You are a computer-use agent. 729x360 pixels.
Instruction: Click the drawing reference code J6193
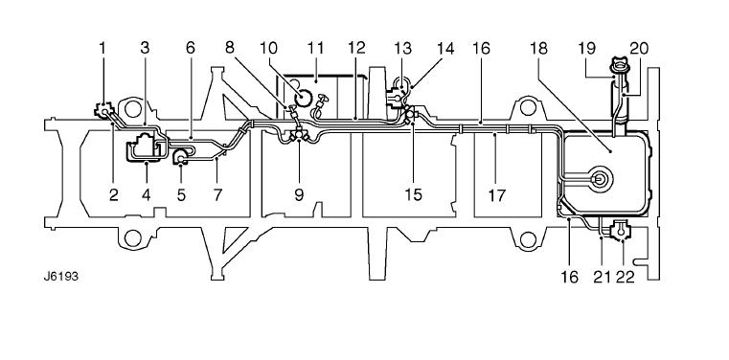coord(61,277)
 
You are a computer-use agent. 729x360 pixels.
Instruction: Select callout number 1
coord(103,48)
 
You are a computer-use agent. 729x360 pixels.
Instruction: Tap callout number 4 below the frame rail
coord(147,195)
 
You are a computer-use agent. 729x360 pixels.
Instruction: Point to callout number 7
coord(218,195)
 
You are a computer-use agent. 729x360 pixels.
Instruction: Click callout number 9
coord(299,195)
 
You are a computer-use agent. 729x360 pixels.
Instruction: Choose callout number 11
coord(315,48)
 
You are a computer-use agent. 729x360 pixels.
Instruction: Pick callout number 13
coord(403,48)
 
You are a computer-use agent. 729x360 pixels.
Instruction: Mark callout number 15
coord(413,195)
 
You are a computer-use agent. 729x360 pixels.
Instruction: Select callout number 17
coord(496,195)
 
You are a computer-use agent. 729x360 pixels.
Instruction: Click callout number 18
coord(538,48)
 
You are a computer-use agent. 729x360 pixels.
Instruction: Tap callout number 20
coord(639,48)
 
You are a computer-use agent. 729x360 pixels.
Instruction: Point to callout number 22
coord(625,278)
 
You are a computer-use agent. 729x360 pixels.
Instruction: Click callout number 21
coord(602,278)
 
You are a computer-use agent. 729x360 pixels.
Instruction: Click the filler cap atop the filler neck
coord(620,64)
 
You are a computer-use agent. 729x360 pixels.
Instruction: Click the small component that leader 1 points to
coord(104,110)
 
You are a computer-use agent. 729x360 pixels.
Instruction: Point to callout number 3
coord(145,48)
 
